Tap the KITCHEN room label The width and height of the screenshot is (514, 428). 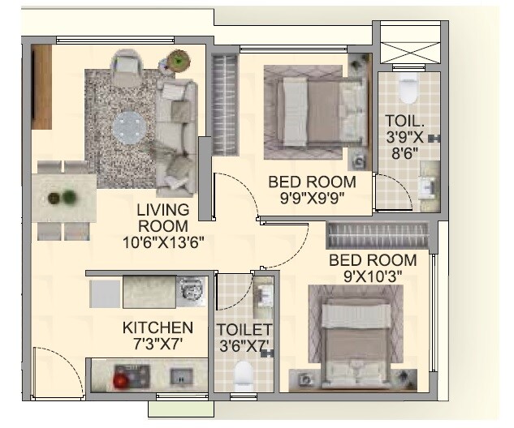(x=158, y=327)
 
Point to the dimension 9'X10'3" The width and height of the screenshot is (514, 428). (x=373, y=276)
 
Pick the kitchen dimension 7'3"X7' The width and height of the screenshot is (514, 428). (x=158, y=344)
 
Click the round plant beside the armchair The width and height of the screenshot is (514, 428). (x=177, y=60)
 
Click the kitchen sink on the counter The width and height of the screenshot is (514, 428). (x=191, y=289)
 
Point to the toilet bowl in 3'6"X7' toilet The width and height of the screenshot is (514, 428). (x=244, y=374)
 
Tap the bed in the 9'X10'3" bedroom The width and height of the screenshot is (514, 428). (x=355, y=338)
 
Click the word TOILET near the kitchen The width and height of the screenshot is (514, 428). (x=244, y=329)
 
